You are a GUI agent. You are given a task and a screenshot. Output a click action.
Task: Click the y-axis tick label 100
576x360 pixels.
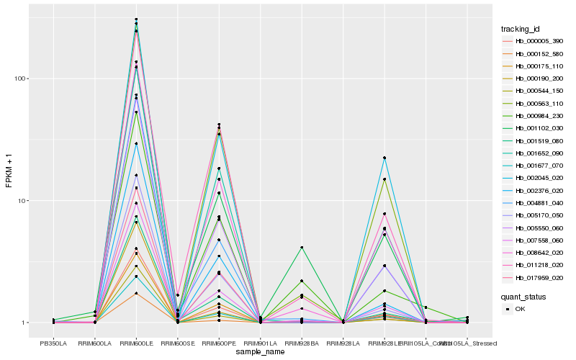click(22, 78)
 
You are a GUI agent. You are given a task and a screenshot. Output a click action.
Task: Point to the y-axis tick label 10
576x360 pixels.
click(24, 200)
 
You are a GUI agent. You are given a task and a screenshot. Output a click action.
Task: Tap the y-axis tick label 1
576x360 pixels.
click(25, 323)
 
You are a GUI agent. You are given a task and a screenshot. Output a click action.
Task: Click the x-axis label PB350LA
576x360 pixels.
click(53, 343)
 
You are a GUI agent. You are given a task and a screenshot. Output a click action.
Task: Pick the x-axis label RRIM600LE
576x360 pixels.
click(136, 343)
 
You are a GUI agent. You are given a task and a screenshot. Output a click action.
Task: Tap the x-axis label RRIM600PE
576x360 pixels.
click(219, 343)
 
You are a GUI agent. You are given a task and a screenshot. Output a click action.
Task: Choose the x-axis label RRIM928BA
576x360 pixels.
click(302, 343)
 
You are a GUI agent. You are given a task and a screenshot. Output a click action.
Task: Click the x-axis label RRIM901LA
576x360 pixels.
click(260, 343)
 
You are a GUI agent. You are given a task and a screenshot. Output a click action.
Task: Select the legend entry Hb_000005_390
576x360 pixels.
click(539, 42)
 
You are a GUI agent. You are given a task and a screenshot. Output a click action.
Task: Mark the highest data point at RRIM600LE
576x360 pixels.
click(136, 19)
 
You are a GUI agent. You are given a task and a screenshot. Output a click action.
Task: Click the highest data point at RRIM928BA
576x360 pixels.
click(302, 248)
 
